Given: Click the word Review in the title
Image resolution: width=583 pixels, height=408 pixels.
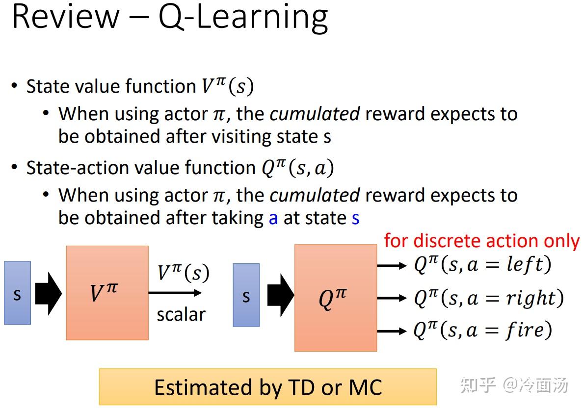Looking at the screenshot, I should click(65, 17).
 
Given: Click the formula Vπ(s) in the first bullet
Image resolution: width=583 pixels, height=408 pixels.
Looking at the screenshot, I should click(227, 86).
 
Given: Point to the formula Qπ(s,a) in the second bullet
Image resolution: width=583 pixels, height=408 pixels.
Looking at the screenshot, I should click(297, 168).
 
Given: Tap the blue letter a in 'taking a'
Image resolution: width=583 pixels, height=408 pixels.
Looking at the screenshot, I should click(273, 218).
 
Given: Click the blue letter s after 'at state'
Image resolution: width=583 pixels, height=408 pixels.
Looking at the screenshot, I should click(355, 218).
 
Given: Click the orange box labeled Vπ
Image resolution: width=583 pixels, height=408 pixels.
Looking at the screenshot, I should click(107, 293).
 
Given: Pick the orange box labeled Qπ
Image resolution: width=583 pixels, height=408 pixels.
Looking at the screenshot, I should click(336, 298).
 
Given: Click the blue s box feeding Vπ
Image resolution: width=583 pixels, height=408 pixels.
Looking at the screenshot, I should click(17, 293).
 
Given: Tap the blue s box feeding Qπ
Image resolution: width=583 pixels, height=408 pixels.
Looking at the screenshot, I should click(246, 295).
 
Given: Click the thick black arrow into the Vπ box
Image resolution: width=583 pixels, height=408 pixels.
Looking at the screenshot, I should click(48, 293).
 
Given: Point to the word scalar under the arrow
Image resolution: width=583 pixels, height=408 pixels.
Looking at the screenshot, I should click(181, 314).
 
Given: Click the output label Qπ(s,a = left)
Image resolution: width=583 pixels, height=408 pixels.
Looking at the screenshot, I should click(482, 265).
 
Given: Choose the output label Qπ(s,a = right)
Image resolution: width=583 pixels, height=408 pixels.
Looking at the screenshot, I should click(489, 298).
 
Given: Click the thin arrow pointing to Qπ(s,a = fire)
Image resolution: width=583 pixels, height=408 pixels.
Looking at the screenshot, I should click(392, 331).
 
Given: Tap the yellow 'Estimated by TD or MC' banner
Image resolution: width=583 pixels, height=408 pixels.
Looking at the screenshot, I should click(267, 387).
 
